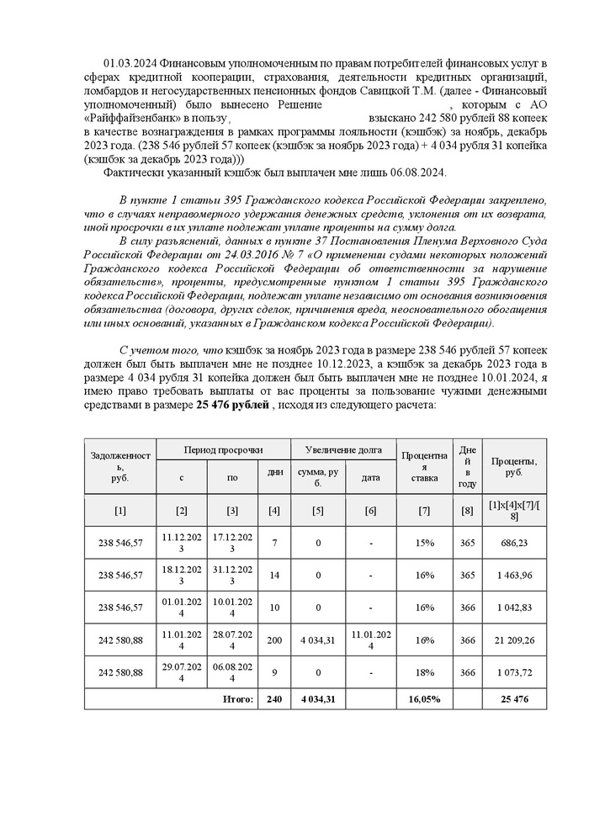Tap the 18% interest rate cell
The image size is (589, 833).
424,674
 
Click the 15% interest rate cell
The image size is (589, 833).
424,543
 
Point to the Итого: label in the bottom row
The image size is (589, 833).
237,699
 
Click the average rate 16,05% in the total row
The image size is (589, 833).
424,699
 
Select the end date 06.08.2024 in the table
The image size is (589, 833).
232,674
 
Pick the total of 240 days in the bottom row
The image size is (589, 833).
275,699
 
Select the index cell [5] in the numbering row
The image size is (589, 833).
317,510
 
